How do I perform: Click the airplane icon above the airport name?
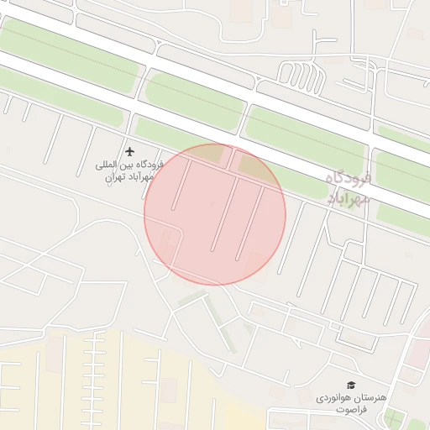129,151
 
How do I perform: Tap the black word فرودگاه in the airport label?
144,165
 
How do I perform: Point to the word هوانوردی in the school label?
335,396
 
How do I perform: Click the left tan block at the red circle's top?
213,155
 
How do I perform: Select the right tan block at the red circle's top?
251,165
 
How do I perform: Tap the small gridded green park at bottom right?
392,417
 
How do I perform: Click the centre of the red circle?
215,214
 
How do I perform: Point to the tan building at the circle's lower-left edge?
166,249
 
